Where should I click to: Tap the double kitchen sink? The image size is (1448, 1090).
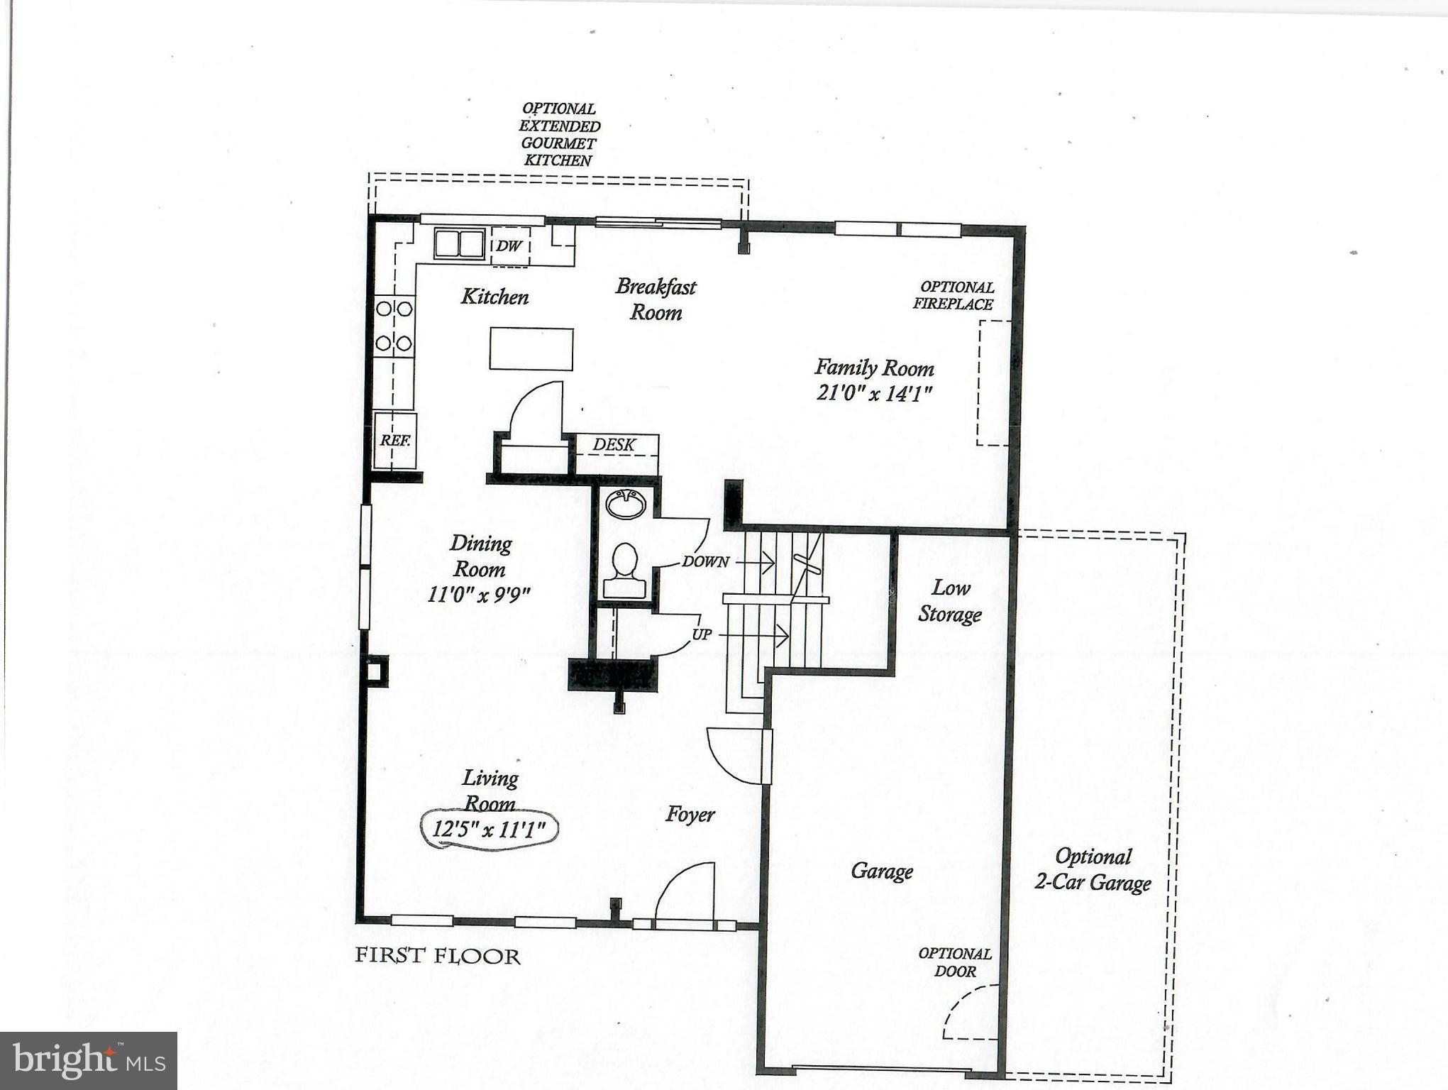point(459,243)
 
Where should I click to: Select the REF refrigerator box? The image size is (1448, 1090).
point(395,441)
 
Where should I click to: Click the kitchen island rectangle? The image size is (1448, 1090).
point(531,348)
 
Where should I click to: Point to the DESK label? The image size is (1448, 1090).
point(614,445)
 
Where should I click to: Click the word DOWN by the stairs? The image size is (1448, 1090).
point(705,562)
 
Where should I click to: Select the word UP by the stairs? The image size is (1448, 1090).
point(702,634)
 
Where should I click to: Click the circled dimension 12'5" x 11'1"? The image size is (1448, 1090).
point(490,829)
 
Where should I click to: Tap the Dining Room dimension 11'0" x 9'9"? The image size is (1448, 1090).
point(479,594)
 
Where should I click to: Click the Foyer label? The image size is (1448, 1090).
point(690,815)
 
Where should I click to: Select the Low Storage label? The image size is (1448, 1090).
point(950,600)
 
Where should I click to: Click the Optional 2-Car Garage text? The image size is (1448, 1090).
point(1093,869)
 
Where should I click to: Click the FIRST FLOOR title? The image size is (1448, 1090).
point(438,956)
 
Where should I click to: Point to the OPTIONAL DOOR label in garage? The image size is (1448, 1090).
point(955,962)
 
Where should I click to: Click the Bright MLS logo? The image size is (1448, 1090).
point(89,1061)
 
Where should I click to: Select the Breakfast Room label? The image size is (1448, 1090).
point(656,299)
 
